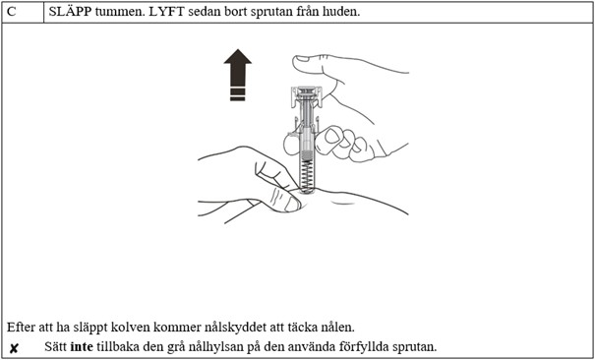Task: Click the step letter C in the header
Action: [x=12, y=11]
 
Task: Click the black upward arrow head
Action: [x=237, y=68]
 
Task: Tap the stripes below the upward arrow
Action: [x=237, y=93]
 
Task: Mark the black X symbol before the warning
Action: [x=14, y=348]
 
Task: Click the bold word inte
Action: [x=82, y=347]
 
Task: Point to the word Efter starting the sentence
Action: [x=21, y=327]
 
